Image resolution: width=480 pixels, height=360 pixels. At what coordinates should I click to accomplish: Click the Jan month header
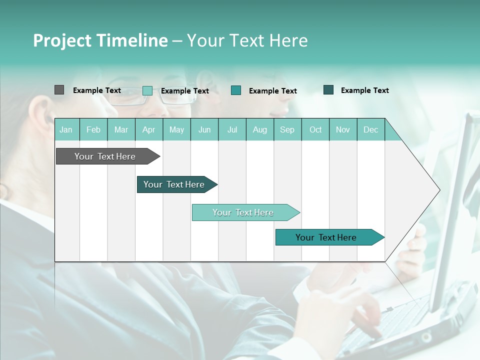coord(66,130)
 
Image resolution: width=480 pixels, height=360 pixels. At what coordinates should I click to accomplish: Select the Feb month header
coord(93,130)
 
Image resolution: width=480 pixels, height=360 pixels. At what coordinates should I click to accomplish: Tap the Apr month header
coord(148,130)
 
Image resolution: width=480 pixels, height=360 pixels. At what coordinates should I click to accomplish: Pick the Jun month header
coord(204,130)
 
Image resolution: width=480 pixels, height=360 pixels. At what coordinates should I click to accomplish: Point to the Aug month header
coord(259,130)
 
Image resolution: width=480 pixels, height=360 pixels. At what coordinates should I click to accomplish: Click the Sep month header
coord(287,130)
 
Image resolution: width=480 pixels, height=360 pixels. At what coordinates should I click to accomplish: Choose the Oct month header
coord(315,130)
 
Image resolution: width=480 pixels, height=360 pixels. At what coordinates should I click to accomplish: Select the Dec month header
coord(370,130)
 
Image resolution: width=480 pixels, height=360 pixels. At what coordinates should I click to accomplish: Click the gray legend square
coord(59,90)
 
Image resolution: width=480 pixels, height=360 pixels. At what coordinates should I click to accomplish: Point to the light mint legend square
coord(147,90)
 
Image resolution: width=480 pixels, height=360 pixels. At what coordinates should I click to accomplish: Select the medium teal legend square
coord(236,90)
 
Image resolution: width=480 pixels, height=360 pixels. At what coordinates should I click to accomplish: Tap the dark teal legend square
coord(328,90)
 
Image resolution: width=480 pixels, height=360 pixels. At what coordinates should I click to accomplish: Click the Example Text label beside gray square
coord(97,90)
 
